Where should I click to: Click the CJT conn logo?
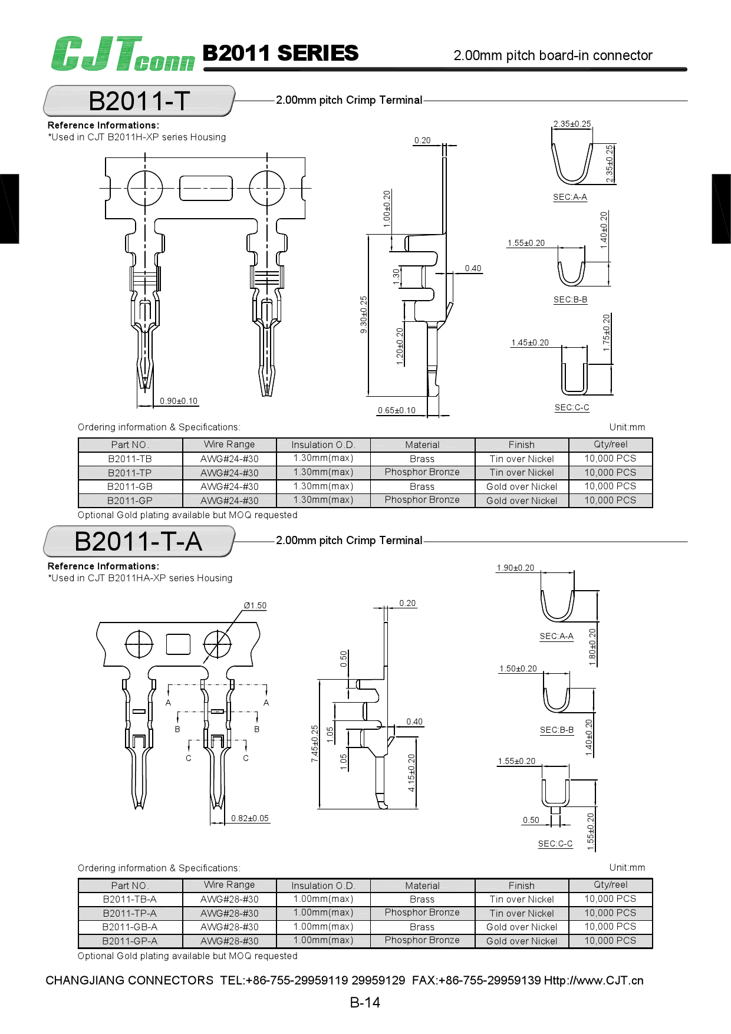point(122,54)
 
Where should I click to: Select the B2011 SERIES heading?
point(280,54)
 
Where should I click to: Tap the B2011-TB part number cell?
point(130,459)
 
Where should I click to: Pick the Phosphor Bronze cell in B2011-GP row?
point(422,500)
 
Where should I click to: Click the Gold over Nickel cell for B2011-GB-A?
point(522,927)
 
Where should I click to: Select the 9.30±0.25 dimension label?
point(364,314)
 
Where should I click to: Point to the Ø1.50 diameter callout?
point(255,605)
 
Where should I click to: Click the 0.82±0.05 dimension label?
point(249,818)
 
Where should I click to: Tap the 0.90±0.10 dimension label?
point(179,401)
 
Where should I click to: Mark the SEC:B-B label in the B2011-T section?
point(570,299)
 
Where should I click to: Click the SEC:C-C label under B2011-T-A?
point(555,844)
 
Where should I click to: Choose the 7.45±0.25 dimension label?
point(315,743)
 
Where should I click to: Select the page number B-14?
point(365,1002)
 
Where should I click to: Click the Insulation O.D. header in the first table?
point(323,444)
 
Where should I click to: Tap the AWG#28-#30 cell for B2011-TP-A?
point(229,913)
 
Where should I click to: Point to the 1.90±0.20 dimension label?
point(515,568)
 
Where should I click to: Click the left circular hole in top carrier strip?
point(145,188)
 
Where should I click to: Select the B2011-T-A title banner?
point(139,541)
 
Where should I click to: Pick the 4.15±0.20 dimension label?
point(411,772)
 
